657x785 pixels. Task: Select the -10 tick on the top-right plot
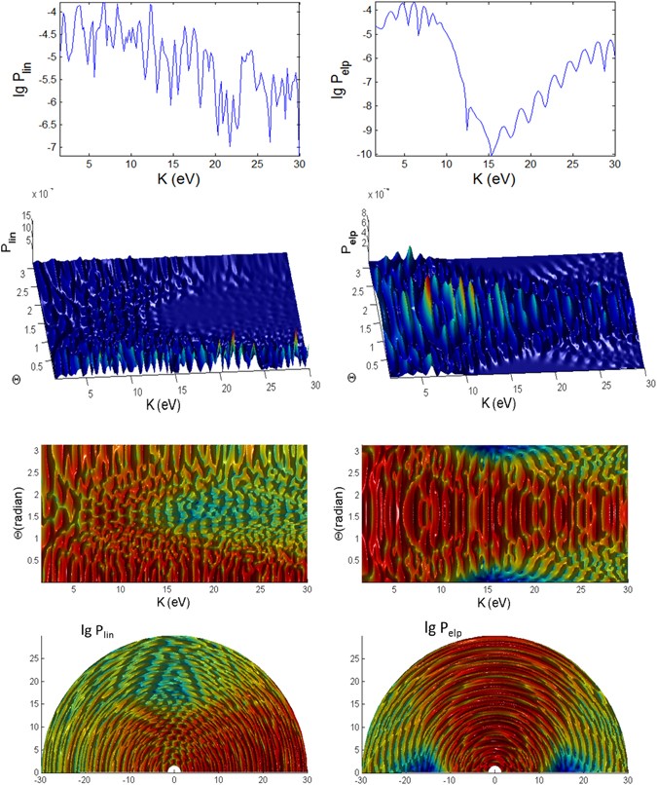pyautogui.click(x=364, y=155)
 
